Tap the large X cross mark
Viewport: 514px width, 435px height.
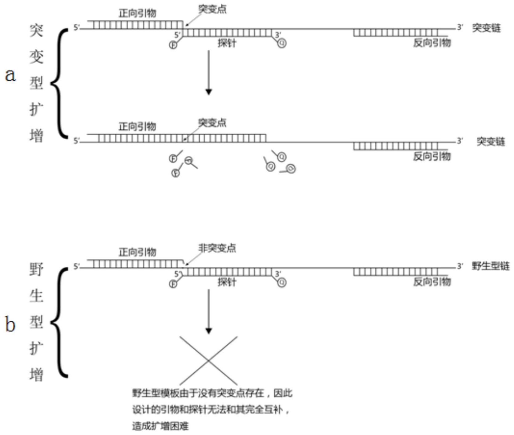click(x=208, y=360)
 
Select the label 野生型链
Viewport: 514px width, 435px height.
click(x=491, y=266)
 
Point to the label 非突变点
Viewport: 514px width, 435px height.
click(x=217, y=248)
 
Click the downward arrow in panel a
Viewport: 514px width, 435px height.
click(x=208, y=72)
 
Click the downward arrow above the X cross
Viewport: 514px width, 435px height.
click(x=208, y=311)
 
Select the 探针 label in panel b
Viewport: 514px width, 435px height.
click(x=227, y=282)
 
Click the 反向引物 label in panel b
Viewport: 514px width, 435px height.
click(x=432, y=281)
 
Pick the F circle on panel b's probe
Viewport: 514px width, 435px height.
click(x=173, y=284)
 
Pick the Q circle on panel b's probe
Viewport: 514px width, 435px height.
click(x=282, y=282)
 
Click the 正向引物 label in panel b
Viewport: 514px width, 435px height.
click(x=137, y=252)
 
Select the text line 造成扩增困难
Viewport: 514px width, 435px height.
click(x=160, y=426)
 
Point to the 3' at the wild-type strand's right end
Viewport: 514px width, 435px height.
click(x=460, y=266)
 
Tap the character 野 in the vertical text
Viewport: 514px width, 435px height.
click(x=36, y=269)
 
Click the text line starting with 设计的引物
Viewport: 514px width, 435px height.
click(x=211, y=410)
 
